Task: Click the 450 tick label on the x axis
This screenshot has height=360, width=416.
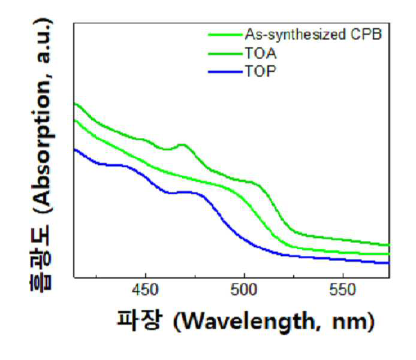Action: [146, 290]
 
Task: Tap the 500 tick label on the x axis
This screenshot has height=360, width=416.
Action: [244, 290]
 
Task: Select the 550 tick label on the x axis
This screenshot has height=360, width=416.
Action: [342, 290]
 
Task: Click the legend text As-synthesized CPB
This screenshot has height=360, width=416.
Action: [313, 35]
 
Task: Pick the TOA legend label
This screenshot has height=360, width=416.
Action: [261, 53]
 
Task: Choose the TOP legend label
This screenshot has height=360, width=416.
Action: [260, 71]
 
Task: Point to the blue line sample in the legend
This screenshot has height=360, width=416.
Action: [225, 71]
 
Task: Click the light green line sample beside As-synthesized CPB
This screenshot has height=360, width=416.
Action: [225, 35]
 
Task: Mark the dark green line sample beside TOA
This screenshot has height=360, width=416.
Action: [225, 54]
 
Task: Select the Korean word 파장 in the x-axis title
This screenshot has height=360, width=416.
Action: [139, 320]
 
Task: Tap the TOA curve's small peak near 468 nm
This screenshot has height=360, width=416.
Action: [182, 145]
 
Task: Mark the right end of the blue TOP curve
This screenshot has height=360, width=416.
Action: [389, 263]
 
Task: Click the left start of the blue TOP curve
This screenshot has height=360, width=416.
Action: [74, 150]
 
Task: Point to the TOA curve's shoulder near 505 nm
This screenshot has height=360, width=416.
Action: [252, 182]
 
